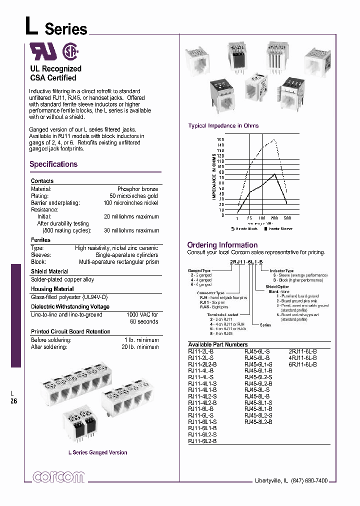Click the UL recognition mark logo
[43, 51]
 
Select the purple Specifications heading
[53, 164]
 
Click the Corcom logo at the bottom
[58, 476]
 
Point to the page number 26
[14, 400]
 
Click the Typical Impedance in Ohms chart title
[223, 126]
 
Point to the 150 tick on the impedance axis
[220, 139]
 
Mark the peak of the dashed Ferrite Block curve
[274, 140]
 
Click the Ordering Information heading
[222, 245]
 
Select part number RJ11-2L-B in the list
[202, 351]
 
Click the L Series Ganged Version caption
[97, 452]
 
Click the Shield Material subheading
[49, 271]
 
